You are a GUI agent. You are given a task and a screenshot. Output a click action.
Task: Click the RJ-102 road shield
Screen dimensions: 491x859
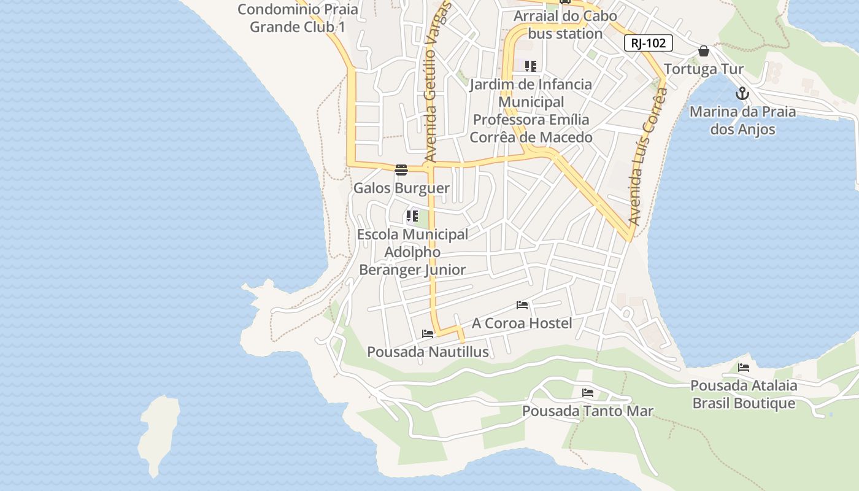649,44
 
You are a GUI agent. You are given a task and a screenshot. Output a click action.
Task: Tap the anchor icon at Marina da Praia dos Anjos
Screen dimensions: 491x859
742,94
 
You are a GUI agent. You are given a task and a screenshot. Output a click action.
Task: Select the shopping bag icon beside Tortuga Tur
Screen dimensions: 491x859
704,51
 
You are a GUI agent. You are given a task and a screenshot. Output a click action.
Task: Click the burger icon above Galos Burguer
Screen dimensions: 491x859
401,169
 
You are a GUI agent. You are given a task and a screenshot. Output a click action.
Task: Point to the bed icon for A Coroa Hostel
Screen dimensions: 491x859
522,304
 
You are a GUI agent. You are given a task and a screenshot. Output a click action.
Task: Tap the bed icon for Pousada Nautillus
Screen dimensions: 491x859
428,334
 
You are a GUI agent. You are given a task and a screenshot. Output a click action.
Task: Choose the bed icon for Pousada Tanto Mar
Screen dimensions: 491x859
588,392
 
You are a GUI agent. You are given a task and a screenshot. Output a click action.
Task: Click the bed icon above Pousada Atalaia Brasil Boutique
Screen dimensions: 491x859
744,368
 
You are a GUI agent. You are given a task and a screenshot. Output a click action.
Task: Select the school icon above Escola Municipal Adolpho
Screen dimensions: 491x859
412,216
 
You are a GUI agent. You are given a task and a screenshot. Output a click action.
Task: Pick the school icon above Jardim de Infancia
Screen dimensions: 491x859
531,66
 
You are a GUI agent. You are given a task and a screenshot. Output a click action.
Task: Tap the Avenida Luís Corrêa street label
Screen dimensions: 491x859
648,157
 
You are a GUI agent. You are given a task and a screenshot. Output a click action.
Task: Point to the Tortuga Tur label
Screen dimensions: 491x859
704,69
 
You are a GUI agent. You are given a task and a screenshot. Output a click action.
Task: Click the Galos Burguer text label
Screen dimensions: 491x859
401,188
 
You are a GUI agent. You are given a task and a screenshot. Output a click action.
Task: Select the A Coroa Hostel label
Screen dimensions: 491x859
522,323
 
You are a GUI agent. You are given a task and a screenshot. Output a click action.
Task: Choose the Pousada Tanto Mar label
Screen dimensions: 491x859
588,411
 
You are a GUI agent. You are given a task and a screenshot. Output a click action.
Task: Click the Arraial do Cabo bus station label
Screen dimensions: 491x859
565,25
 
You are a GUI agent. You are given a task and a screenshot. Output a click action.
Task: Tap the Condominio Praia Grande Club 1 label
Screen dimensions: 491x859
298,18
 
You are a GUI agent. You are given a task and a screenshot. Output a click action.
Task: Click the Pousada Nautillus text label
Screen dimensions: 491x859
428,352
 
